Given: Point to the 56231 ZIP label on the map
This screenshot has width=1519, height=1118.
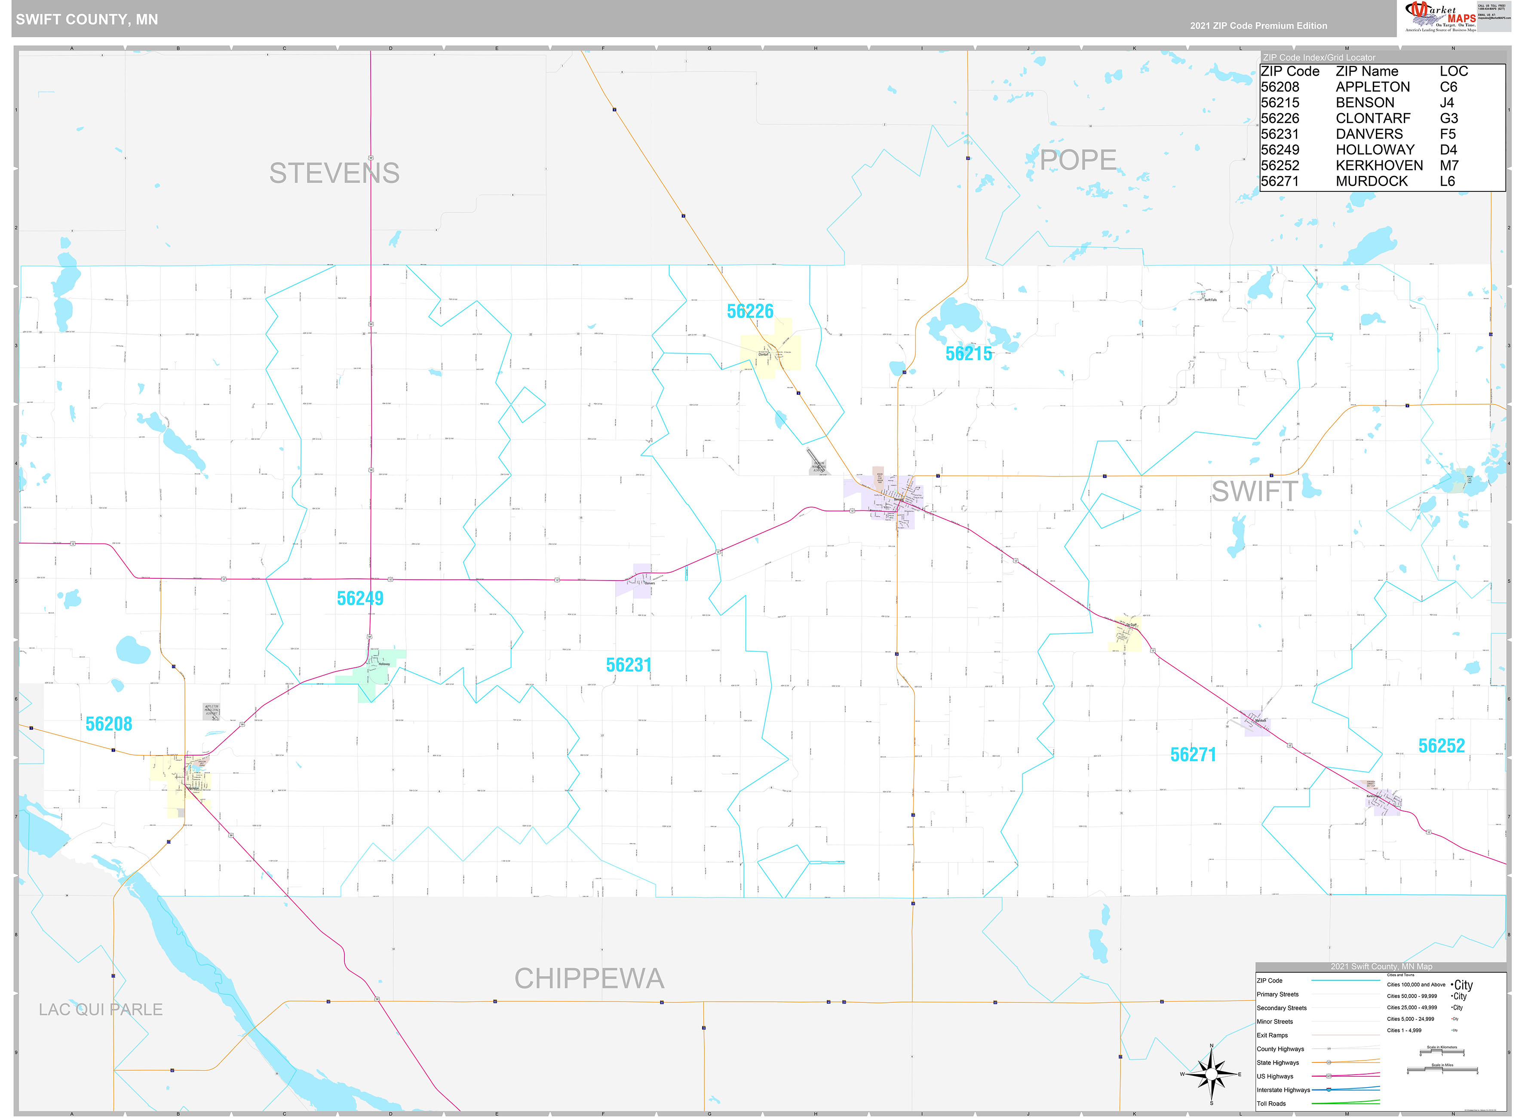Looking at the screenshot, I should point(629,665).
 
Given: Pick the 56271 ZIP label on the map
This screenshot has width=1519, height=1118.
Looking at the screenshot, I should point(1193,755).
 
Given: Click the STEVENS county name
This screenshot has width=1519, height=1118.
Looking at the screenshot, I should point(334,173).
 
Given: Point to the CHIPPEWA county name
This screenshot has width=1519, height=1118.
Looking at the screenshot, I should point(589,979).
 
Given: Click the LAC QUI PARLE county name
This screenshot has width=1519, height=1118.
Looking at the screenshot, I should point(100,1010).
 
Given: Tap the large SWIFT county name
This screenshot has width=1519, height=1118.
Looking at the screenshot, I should point(1254,492).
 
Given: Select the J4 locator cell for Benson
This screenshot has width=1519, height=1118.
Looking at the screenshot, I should point(1447,103).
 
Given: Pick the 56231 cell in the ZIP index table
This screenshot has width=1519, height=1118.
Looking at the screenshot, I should point(1280,134).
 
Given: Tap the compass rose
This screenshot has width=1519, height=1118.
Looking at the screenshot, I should point(1211,1074).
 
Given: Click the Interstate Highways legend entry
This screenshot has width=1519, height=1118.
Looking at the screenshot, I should point(1283,1090).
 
